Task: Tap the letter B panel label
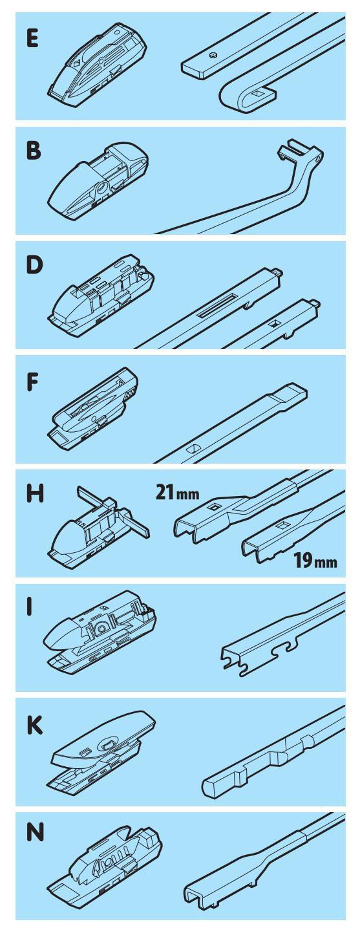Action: pos(34,151)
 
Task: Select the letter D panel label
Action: pos(34,264)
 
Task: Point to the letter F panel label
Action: pos(32,383)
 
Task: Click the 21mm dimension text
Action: pos(177,492)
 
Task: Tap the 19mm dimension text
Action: pos(314,560)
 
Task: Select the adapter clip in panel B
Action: pos(99,180)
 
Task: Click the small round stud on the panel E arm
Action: pos(214,55)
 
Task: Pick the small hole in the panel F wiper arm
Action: pos(193,448)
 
